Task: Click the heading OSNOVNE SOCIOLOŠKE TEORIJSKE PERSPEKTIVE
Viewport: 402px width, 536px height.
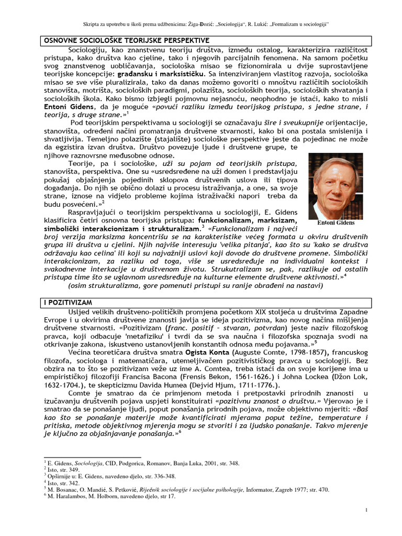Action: click(x=125, y=40)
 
